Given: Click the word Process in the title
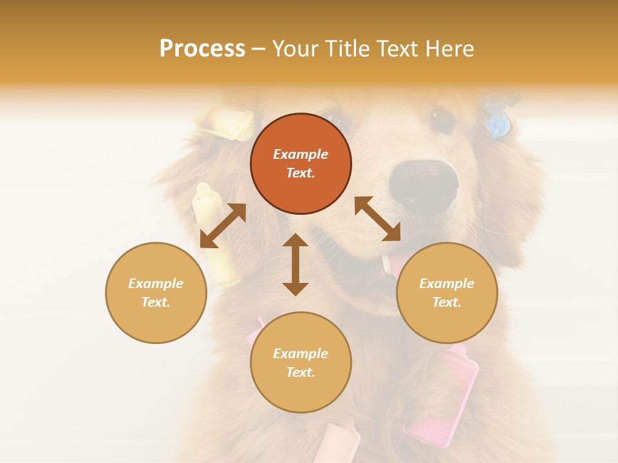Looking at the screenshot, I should [202, 49].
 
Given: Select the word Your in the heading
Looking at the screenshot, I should [295, 49].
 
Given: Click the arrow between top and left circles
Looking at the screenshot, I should [223, 225].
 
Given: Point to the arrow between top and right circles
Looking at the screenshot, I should [378, 219].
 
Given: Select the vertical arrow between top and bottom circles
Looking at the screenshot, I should [295, 264].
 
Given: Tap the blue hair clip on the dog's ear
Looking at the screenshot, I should [498, 124].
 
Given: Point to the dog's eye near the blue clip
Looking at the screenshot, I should [443, 120].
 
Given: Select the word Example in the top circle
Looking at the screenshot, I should [301, 154].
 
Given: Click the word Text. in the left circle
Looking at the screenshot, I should [156, 302].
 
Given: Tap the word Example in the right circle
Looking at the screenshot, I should [447, 284].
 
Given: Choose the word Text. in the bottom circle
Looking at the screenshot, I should [301, 372].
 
